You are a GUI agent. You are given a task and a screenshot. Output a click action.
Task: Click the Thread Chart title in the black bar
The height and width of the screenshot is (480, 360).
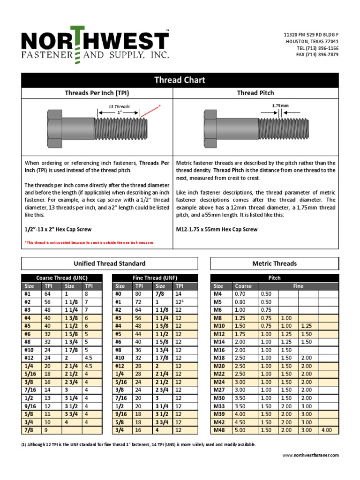(x=180, y=80)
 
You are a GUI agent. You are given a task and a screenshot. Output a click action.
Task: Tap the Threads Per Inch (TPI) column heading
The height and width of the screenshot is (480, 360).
(x=97, y=93)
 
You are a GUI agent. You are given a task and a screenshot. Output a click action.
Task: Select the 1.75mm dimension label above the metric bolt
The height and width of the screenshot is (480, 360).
(x=280, y=106)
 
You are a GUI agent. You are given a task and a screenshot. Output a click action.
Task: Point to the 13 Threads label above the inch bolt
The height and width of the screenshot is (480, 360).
(x=119, y=106)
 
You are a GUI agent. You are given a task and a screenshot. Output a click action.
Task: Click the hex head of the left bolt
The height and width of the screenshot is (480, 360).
(x=56, y=127)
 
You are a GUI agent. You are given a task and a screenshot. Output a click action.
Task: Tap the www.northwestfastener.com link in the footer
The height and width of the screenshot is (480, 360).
(x=310, y=455)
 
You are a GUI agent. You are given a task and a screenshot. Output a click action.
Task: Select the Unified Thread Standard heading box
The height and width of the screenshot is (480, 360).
(x=110, y=263)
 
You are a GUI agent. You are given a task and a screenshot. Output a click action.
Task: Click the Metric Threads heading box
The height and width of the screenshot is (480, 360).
(x=274, y=263)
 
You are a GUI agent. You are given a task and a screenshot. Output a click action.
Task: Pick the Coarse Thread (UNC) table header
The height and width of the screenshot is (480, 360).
(x=62, y=278)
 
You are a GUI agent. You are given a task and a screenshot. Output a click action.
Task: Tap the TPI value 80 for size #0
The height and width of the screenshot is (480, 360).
(x=138, y=294)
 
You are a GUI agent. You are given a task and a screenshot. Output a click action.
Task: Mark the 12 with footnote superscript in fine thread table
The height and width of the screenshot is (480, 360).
(x=179, y=302)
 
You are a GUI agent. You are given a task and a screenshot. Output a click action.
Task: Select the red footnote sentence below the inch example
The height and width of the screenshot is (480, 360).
(x=89, y=242)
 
